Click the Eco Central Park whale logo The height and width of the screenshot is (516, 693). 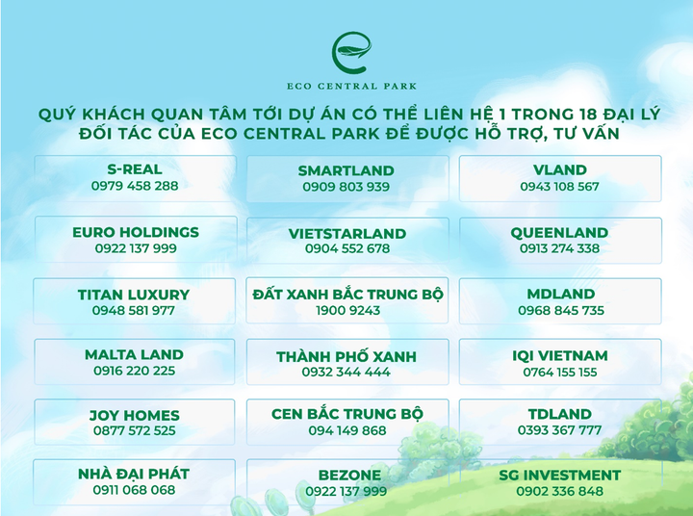pos(346,50)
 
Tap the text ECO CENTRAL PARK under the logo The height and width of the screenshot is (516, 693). pos(346,85)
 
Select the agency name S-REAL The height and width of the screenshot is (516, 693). pos(135,169)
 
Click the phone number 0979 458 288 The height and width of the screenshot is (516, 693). pos(135,186)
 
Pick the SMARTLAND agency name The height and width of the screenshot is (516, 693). pos(346,170)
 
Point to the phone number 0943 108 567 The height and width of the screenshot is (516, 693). pos(559,186)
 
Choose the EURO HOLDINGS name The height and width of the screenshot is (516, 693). pos(136,232)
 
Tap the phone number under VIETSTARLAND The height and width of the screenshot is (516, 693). pos(346,248)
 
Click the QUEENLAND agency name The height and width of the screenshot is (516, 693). pos(559,232)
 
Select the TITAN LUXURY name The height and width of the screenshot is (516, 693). pos(134,295)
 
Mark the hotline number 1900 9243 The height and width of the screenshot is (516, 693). pos(347,310)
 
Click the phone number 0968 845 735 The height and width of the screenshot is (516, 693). pos(560,310)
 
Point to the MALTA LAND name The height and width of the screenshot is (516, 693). pos(134,354)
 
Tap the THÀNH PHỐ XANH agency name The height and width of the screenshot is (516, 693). pos(346,356)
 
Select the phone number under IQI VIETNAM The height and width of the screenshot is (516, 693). pos(560,372)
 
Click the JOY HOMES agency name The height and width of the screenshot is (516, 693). pos(135,416)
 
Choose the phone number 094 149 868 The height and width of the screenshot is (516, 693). pos(346,430)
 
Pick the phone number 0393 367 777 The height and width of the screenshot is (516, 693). pos(560,430)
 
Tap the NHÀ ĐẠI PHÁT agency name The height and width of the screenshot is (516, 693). pos(134,474)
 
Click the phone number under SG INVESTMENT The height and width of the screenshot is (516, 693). pos(560,491)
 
